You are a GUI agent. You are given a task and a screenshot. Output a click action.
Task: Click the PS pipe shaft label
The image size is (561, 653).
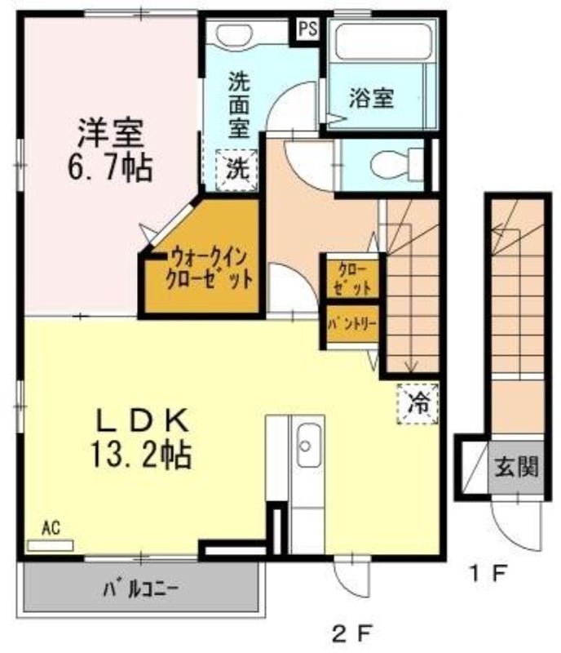pos(308,29)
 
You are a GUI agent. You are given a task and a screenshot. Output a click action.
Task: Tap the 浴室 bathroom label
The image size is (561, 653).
pos(371,98)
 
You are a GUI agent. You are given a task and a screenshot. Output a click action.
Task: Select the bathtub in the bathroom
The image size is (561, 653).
pos(383,42)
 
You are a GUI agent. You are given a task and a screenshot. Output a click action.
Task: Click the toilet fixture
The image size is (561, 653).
pos(396,165)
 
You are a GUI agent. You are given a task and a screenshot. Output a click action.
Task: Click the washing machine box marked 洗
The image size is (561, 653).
pos(236,170)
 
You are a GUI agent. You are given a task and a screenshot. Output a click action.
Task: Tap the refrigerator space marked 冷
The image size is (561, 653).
pos(417,403)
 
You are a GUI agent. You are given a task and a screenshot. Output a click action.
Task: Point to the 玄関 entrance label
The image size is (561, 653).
pos(516,467)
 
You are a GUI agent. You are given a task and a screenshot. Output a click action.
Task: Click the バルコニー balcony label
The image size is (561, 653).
pos(141,589)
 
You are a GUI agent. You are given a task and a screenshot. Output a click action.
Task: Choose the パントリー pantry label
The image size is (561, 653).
pos(352,323)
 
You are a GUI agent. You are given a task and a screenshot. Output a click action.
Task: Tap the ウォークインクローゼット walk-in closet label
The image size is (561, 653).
pos(209,269)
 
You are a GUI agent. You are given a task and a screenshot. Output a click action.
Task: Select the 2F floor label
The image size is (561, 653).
pos(351,634)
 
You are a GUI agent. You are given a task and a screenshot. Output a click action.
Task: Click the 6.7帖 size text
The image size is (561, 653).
pos(110,168)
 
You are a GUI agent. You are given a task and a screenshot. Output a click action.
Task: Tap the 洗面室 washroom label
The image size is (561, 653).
pos(239,105)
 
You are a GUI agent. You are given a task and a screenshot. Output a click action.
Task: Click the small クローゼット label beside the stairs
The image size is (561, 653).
pos(352,278)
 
